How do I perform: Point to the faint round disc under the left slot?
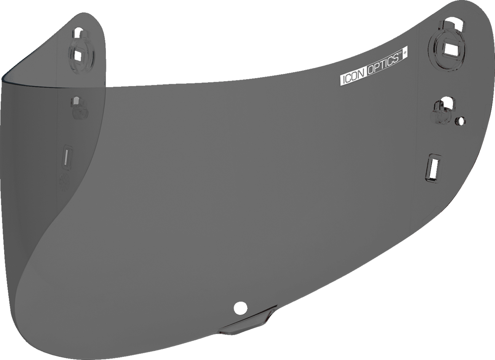click(64, 182)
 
